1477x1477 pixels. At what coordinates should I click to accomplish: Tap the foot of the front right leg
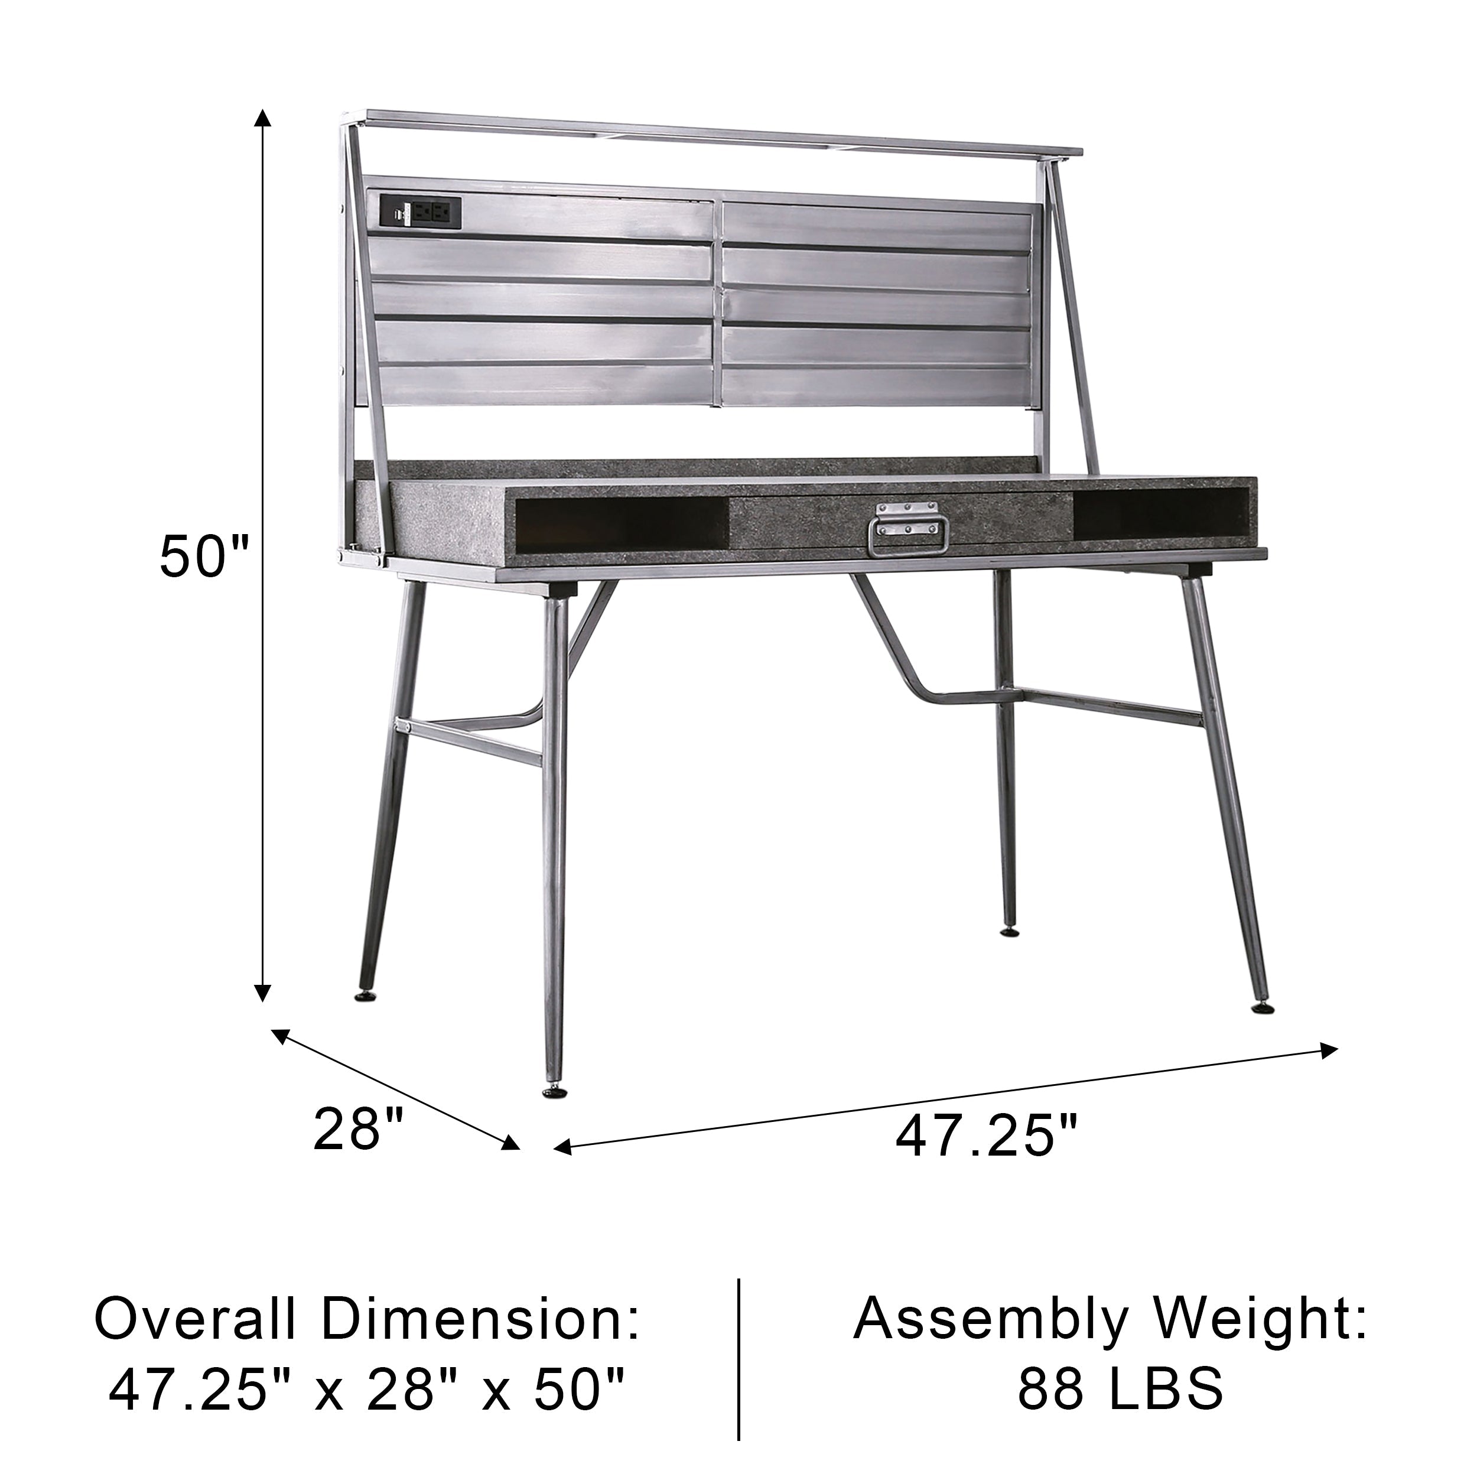pyautogui.click(x=1262, y=1007)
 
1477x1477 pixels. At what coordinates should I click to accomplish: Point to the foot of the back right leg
pyautogui.click(x=1010, y=931)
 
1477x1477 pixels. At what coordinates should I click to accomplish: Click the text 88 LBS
pyautogui.click(x=1120, y=1388)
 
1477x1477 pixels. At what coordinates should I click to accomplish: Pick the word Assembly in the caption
pyautogui.click(x=991, y=1321)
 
